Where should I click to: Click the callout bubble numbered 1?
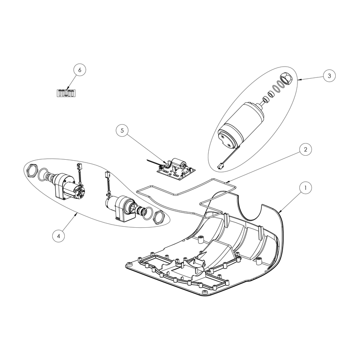pos(306,188)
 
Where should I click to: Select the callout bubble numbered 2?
pos(306,149)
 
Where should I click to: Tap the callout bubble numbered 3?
pos(329,76)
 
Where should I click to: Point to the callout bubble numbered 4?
pos(58,236)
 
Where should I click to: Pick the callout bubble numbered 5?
pos(122,130)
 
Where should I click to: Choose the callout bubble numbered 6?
pos(80,70)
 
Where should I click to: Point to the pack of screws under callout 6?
pos(66,93)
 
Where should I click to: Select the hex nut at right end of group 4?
pos(158,217)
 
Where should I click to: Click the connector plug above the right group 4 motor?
pos(107,174)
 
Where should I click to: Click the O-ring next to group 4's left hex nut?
pos(44,175)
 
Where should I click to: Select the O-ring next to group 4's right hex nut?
pos(148,213)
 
